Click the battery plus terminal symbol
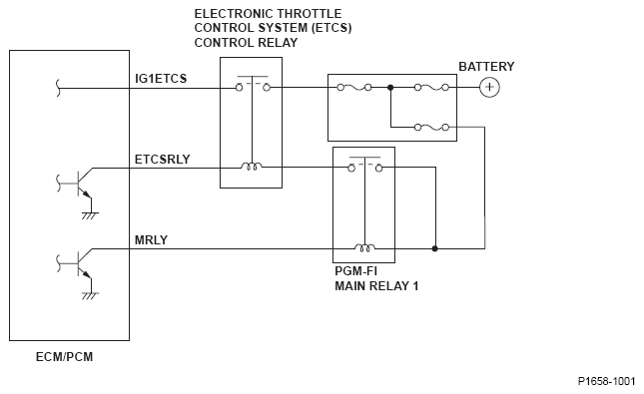coord(489,88)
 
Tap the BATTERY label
coord(486,67)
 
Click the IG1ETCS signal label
coord(161,79)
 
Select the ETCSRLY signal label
coord(162,160)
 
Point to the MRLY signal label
coord(151,240)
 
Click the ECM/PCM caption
coord(65,357)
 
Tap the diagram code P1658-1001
coord(606,381)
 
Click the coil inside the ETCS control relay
coord(252,167)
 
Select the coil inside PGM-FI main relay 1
coord(364,247)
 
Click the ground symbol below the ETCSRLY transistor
coord(90,215)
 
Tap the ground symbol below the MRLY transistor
coord(90,296)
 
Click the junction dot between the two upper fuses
coord(390,88)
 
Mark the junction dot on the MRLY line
coord(435,248)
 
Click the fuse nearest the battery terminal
coord(431,88)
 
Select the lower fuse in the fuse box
coord(431,128)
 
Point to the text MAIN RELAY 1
coord(376,286)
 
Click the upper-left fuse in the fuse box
coord(354,88)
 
